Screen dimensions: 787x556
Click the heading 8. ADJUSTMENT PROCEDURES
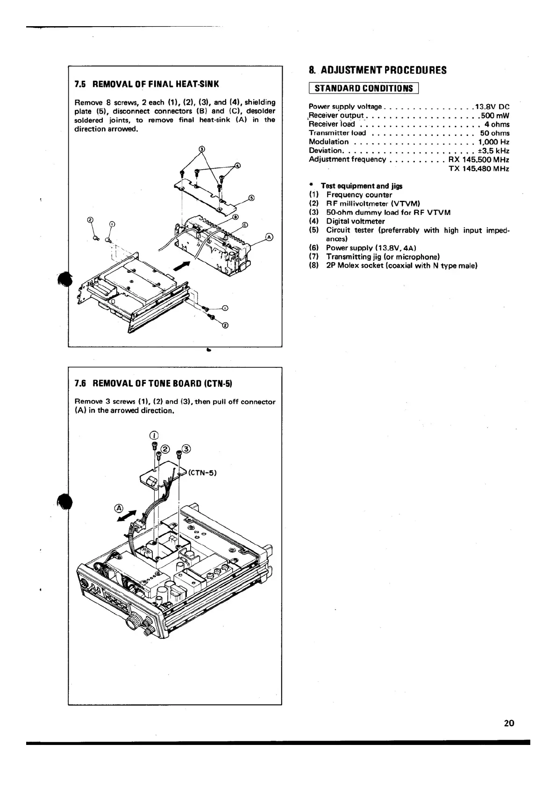coord(378,71)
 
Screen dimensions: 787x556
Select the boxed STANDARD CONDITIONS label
coord(364,88)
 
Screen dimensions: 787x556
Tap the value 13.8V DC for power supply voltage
coord(492,107)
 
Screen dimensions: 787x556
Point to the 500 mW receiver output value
coord(495,115)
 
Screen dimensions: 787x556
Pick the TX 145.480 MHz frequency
coord(478,168)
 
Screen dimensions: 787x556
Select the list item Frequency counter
coord(359,194)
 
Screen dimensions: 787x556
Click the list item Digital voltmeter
coord(355,221)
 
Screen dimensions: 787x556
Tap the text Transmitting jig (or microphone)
coord(383,257)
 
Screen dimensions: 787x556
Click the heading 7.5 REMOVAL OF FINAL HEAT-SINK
coord(147,85)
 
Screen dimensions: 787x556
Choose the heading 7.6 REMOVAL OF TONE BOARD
coord(153,384)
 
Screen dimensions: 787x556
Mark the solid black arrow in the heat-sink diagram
coord(182,265)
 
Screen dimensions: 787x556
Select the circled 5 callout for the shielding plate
coord(252,198)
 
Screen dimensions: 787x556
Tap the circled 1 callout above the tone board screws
coord(154,436)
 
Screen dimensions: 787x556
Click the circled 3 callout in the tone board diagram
coord(186,449)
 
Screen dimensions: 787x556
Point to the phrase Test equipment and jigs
coord(361,186)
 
